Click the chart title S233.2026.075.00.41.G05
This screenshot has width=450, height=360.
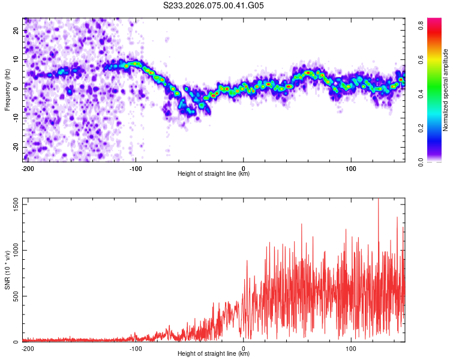coord(214,5)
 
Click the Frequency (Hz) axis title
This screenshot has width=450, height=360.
coord(7,89)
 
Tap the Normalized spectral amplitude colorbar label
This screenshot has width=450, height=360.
coord(446,89)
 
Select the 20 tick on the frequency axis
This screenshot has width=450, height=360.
coord(16,30)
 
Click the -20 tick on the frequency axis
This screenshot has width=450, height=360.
coord(15,147)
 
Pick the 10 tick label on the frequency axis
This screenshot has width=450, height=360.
coord(16,59)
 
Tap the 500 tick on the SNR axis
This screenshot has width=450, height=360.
coord(16,296)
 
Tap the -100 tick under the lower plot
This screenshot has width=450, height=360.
coord(136,348)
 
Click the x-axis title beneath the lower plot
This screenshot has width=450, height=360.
coord(214,354)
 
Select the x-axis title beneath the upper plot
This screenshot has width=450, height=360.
coord(214,174)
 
